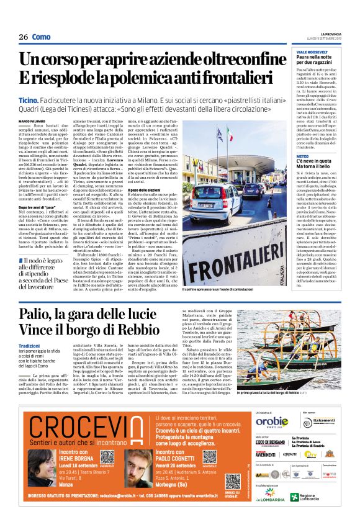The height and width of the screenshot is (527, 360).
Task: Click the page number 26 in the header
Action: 23,37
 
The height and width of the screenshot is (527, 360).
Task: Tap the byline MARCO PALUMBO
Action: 32,120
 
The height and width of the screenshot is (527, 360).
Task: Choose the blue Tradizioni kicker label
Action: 29,345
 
